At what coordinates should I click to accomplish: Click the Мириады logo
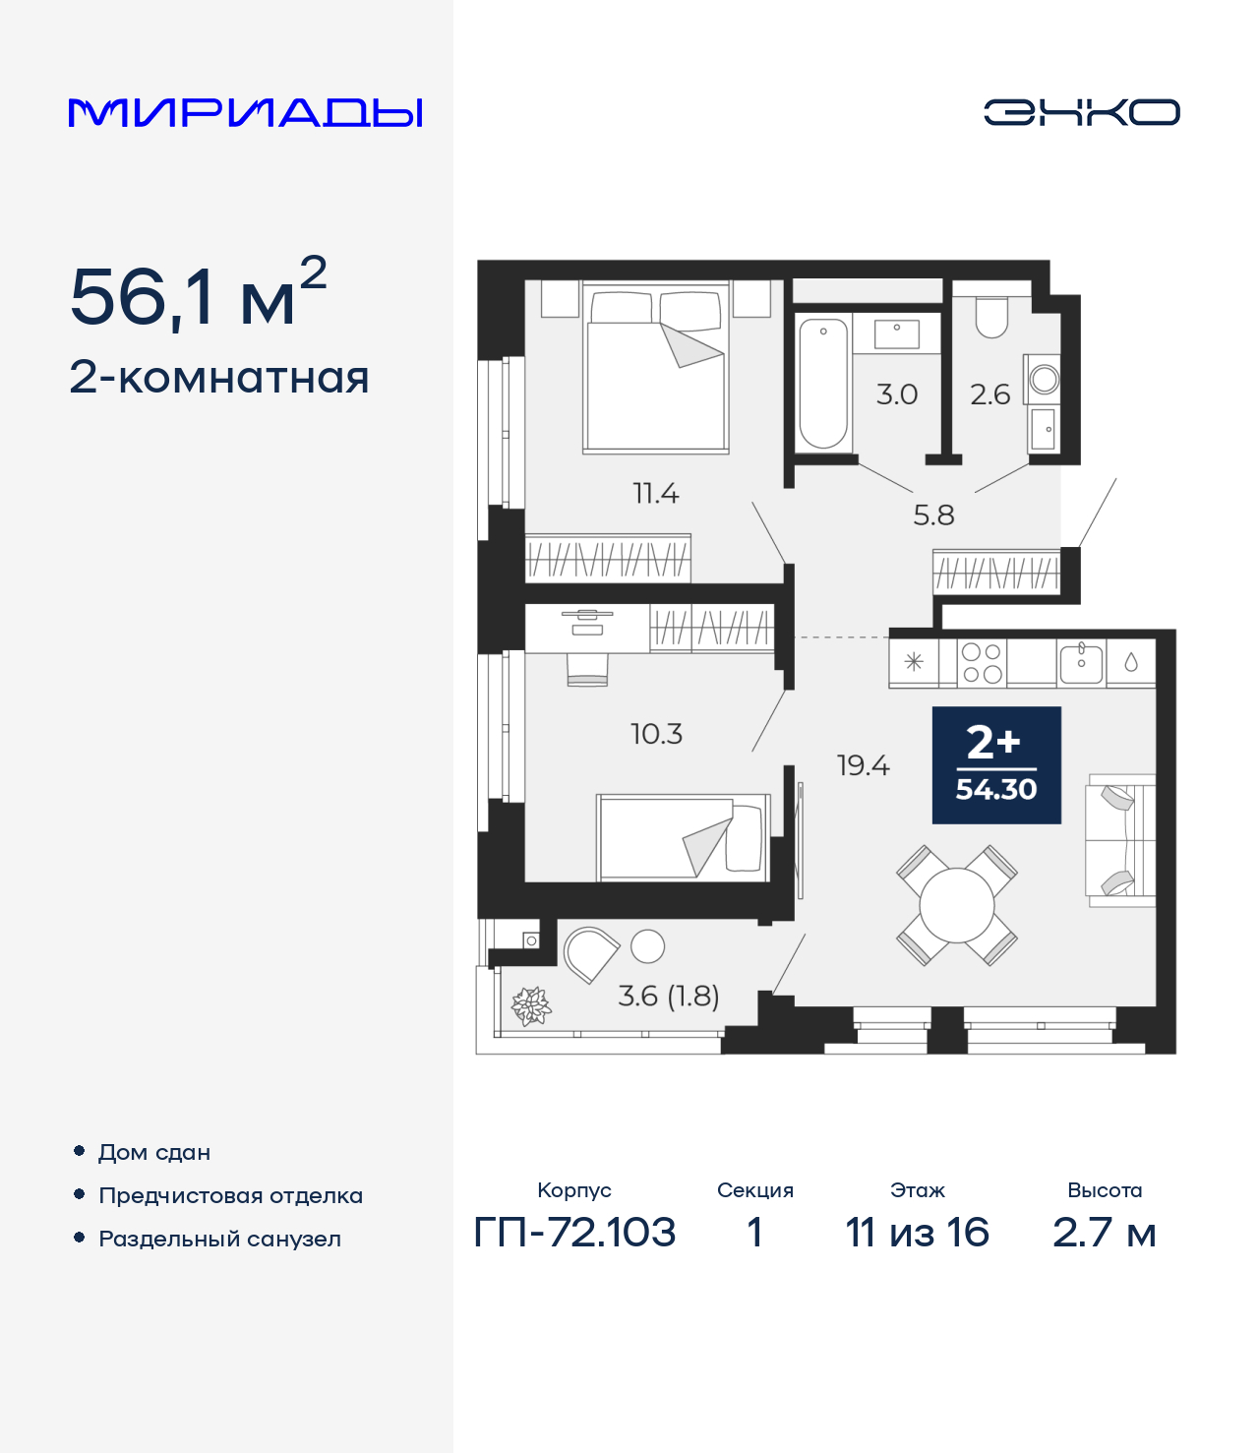(246, 113)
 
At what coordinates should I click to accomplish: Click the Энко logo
(1081, 112)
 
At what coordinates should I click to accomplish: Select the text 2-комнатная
(219, 378)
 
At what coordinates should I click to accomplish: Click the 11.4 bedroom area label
(655, 493)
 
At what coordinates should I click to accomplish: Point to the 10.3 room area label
(656, 734)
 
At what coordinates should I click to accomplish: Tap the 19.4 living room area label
(863, 765)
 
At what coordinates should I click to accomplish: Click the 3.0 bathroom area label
(896, 394)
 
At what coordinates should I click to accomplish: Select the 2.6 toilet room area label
(989, 394)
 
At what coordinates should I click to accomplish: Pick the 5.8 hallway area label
(933, 515)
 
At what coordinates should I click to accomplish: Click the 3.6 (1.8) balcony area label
(668, 996)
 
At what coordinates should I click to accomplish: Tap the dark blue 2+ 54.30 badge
(996, 765)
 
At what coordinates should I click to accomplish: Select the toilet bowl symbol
(991, 317)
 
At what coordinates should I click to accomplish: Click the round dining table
(956, 905)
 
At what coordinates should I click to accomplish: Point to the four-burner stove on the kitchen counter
(982, 663)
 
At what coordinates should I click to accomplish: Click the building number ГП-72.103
(574, 1232)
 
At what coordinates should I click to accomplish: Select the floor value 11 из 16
(917, 1232)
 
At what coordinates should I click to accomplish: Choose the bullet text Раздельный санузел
(219, 1239)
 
